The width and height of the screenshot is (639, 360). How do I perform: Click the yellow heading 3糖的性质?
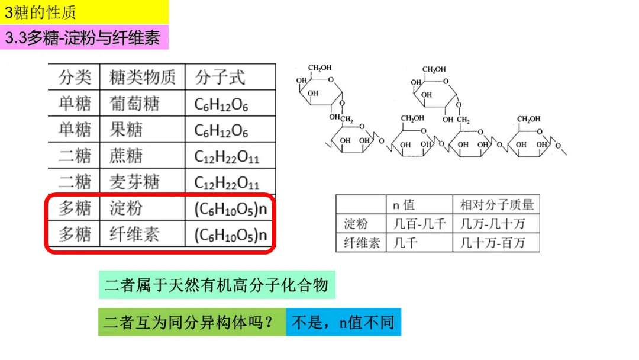coord(40,12)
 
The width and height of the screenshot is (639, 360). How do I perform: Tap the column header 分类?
coord(74,77)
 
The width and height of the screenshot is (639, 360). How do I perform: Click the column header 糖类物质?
coord(142,77)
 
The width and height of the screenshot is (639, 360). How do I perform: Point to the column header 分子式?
coord(220,77)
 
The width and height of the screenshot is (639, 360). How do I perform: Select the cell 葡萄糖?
coord(134,104)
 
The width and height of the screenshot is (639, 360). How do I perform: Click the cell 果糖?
coord(126,130)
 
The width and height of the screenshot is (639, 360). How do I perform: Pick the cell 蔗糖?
coord(126,156)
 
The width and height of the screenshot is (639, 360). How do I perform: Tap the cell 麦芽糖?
coord(134,182)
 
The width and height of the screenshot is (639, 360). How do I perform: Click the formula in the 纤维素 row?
coord(231,235)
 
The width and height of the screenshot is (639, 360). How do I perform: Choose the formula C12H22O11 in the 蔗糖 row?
coord(227,156)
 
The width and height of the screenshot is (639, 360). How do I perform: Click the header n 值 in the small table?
coord(404,205)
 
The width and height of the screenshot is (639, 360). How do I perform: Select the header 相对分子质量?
coord(497,205)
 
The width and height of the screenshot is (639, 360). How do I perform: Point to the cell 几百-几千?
coord(419,224)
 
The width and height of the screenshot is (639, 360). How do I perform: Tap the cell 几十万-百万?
coord(492,243)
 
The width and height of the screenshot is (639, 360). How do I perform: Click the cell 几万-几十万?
coord(492,224)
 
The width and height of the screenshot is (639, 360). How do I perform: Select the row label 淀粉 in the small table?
coord(356,224)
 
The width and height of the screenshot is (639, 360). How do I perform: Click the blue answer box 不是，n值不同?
coord(344,322)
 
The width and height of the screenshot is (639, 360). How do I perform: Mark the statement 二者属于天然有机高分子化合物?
coord(217,285)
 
